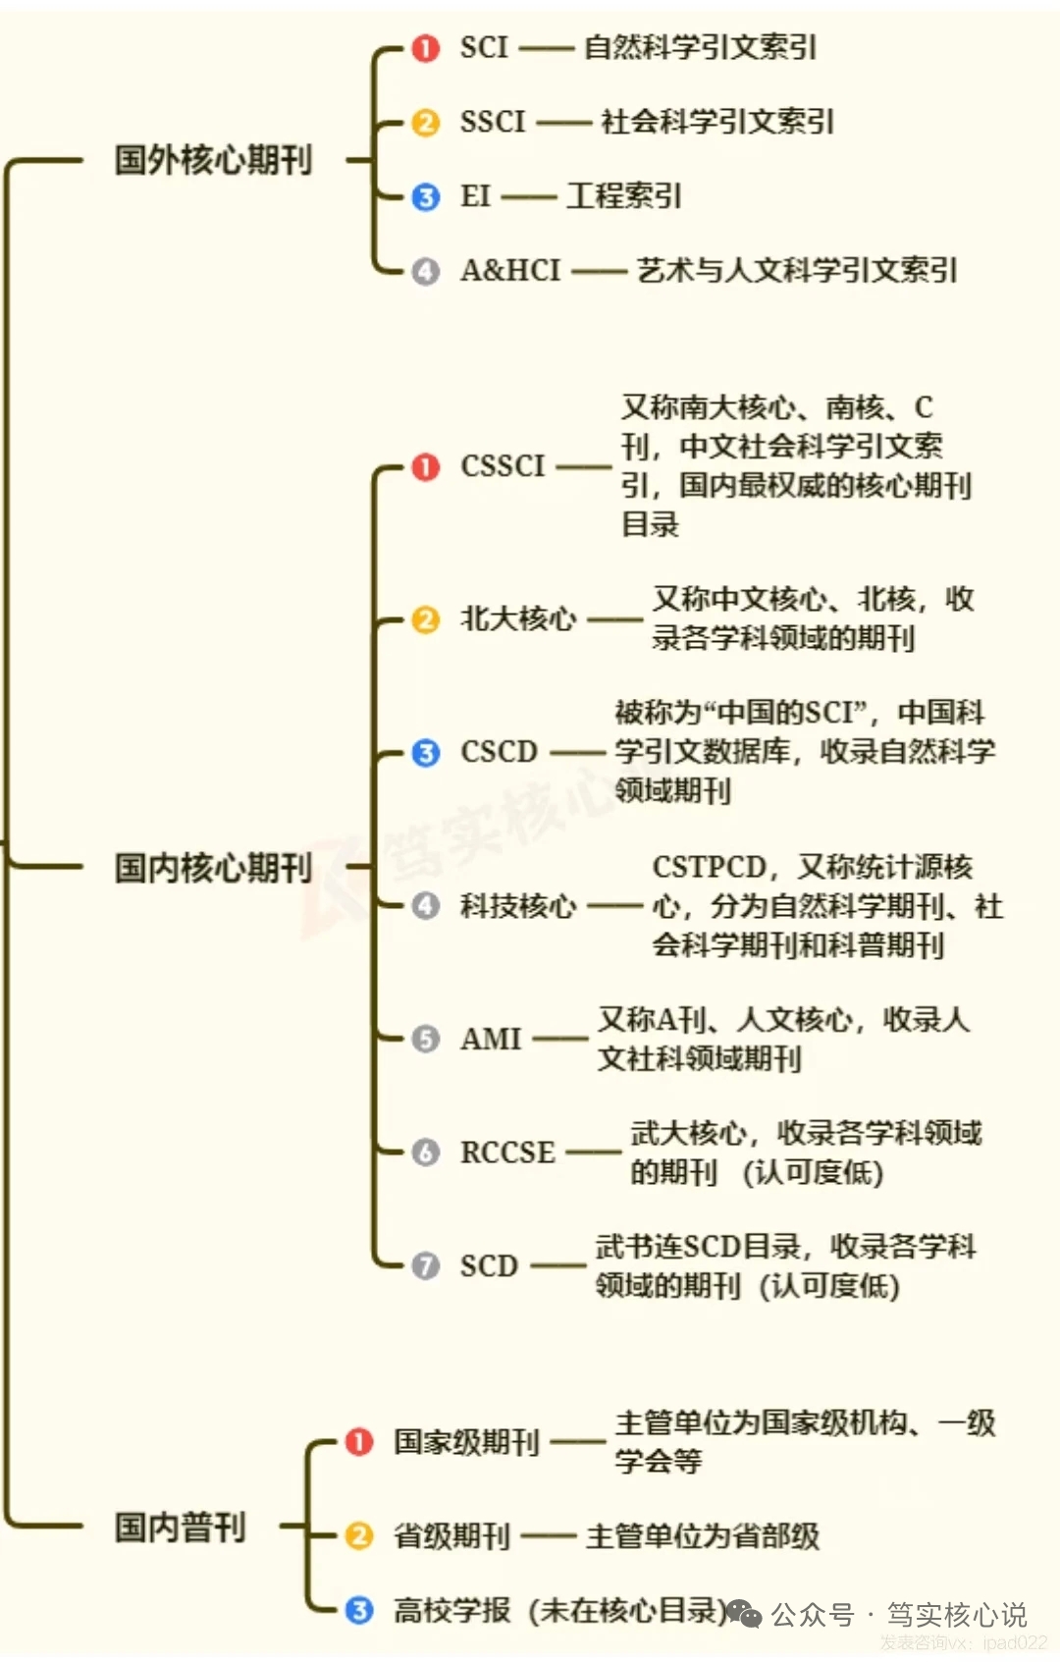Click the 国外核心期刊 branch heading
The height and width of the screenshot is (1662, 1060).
click(x=213, y=160)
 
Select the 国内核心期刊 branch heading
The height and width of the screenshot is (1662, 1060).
click(x=213, y=867)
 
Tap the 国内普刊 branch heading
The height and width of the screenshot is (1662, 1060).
click(x=180, y=1527)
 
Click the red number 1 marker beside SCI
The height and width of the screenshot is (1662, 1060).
click(x=425, y=48)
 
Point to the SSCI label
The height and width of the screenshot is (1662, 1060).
click(x=493, y=122)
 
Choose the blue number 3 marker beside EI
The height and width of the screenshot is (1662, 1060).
click(x=425, y=196)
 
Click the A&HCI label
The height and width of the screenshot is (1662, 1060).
click(x=510, y=270)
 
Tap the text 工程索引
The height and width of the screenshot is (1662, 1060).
click(x=623, y=196)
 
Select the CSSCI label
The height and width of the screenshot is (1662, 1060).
click(x=503, y=466)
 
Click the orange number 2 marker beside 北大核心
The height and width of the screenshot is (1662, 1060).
click(x=425, y=619)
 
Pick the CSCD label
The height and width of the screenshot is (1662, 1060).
click(x=499, y=753)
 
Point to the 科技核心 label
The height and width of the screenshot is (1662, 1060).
click(x=517, y=905)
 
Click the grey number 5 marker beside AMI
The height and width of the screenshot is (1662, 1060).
click(x=425, y=1039)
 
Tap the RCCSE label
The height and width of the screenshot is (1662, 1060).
click(x=507, y=1153)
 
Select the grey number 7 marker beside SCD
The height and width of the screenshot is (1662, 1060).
click(x=425, y=1265)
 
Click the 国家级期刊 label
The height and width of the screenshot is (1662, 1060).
click(x=466, y=1442)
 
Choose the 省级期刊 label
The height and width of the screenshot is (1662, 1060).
click(x=451, y=1535)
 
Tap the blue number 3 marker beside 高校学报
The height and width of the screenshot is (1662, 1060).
click(x=359, y=1610)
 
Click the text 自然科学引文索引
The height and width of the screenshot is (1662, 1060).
click(x=700, y=48)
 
